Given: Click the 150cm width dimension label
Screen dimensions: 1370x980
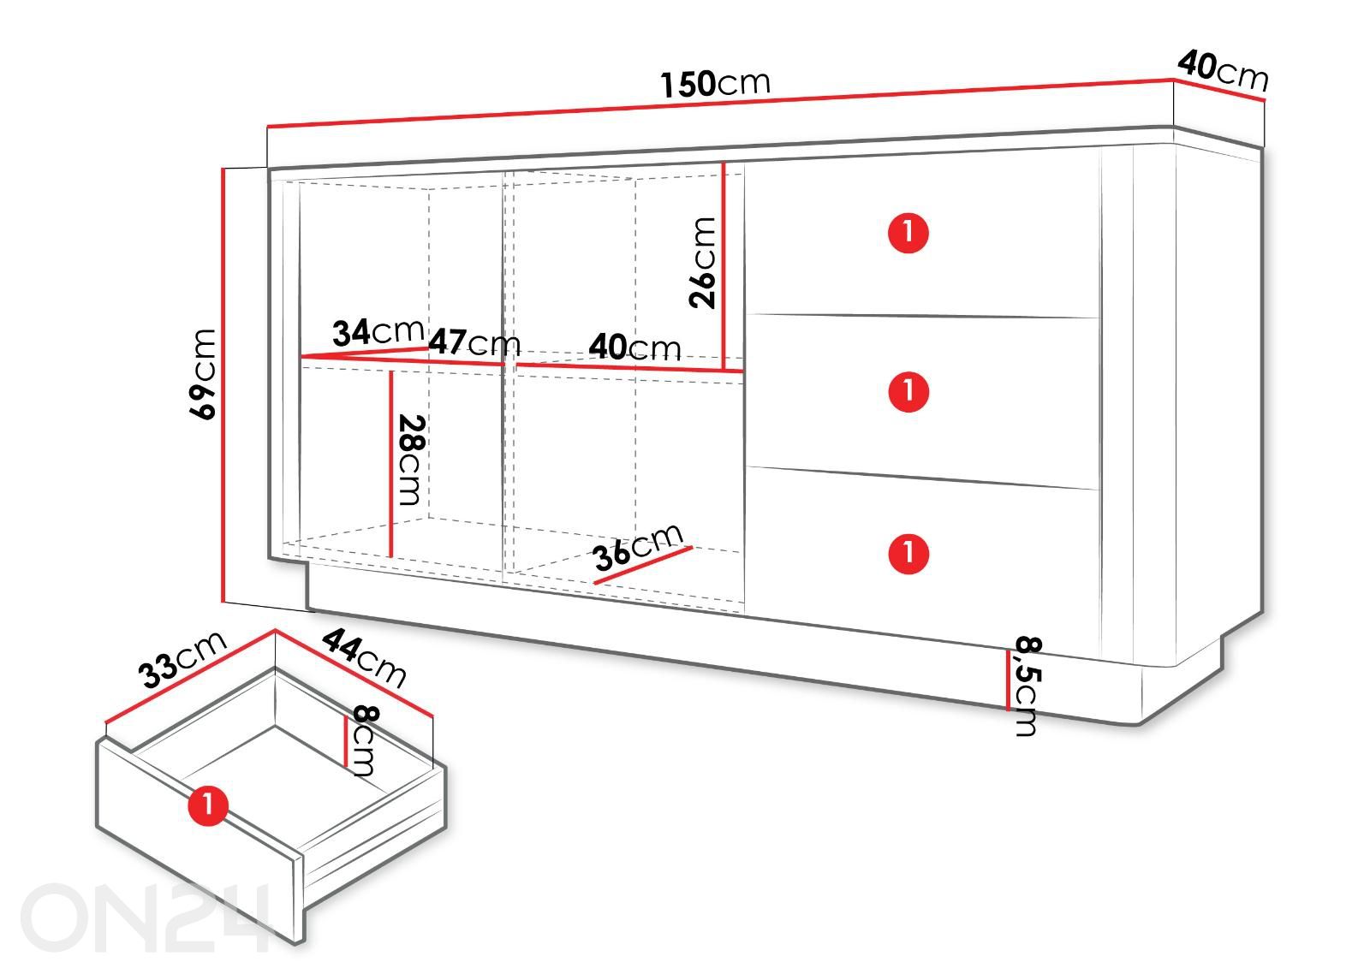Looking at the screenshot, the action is (x=715, y=84).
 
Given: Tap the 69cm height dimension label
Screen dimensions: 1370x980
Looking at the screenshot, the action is (x=202, y=374).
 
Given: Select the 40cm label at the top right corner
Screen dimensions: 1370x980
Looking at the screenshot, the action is (x=1224, y=71).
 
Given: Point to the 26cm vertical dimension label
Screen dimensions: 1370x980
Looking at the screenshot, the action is (x=701, y=262).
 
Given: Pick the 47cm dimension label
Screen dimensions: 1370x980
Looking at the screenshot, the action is (x=474, y=342).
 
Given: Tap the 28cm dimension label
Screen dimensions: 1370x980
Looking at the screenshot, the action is (x=412, y=460).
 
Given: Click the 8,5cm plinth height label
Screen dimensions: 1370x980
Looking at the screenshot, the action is (x=1027, y=686).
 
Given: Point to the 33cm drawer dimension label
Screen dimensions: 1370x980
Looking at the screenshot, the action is (x=182, y=660).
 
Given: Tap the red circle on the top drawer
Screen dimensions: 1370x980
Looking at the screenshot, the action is (x=908, y=233).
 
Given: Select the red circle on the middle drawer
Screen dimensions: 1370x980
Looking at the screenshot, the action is (x=908, y=391).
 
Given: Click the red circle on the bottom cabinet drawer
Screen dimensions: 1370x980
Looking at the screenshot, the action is (x=908, y=554).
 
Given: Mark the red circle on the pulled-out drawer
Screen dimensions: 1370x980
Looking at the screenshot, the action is (x=208, y=805).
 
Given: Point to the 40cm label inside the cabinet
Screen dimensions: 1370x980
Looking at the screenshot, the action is (x=634, y=347).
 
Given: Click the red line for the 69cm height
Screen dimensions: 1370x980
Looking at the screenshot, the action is (x=223, y=385).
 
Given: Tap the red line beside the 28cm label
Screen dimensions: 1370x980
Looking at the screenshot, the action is (x=390, y=464).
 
